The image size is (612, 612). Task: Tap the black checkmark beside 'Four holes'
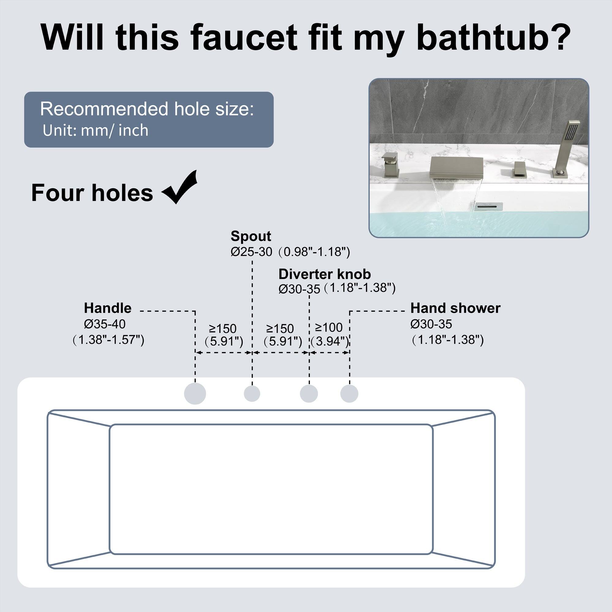(x=180, y=188)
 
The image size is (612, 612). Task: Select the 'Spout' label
(x=251, y=236)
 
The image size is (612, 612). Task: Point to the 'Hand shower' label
(x=455, y=308)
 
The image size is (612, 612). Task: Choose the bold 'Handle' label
(x=108, y=308)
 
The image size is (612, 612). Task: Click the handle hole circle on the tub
(x=195, y=394)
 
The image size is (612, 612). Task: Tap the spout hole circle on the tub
(x=252, y=394)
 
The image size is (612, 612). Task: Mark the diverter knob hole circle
(x=309, y=394)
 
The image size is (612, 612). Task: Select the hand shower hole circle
(x=349, y=394)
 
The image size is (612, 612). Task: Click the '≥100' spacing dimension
(x=329, y=327)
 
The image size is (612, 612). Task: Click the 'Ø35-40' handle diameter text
(x=105, y=324)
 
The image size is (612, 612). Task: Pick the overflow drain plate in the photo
(x=489, y=206)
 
